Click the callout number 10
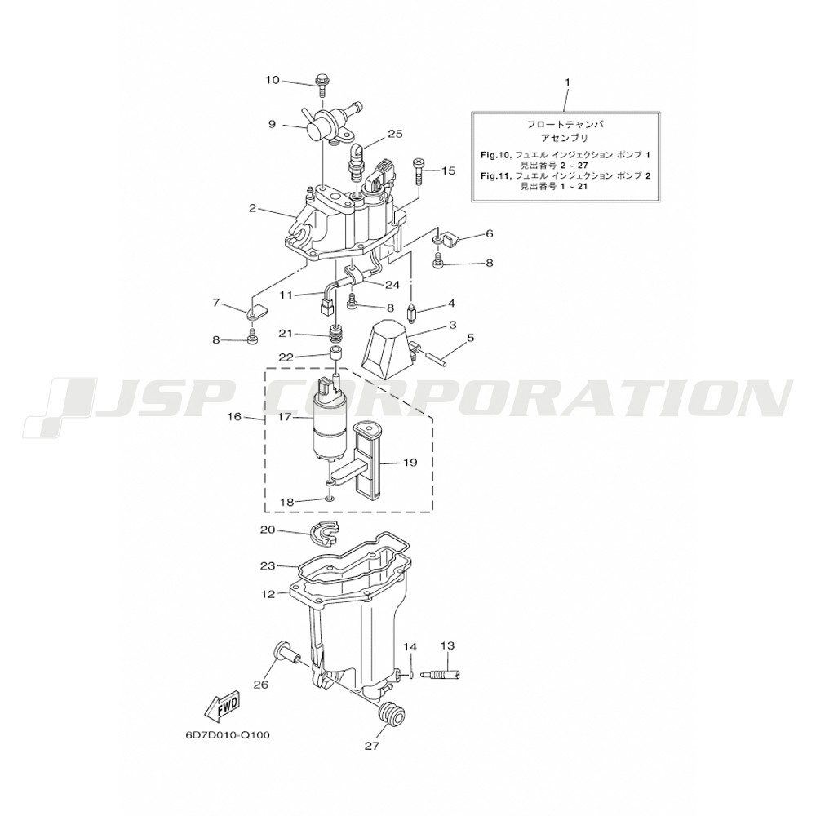(273, 80)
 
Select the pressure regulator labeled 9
(328, 124)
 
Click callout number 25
(395, 135)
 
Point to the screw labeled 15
(419, 171)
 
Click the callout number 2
(252, 208)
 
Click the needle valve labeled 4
(411, 313)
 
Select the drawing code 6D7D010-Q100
(228, 736)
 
